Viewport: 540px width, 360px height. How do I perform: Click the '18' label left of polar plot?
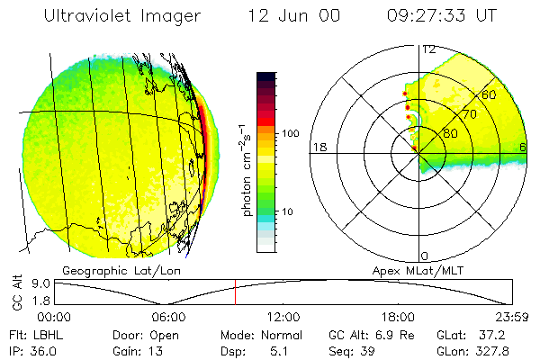[318, 147]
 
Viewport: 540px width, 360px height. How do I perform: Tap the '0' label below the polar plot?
[425, 256]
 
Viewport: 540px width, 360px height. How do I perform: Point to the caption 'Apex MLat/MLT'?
[422, 271]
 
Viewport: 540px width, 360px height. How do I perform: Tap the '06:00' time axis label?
[168, 316]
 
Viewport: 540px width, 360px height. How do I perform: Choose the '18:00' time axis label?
[398, 316]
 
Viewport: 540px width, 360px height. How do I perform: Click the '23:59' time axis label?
[511, 316]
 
